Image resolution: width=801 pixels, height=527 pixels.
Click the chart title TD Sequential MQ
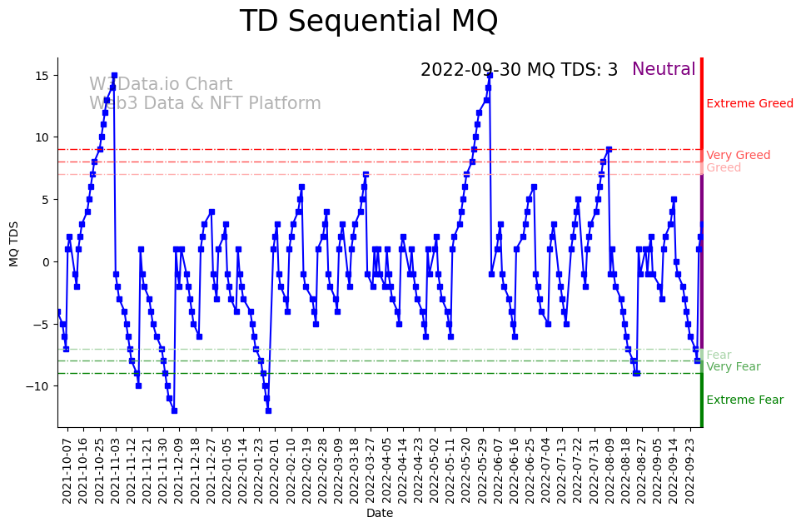pyautogui.click(x=368, y=22)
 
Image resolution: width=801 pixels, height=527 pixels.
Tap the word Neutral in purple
pyautogui.click(x=664, y=70)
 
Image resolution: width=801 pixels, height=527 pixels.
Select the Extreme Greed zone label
pyautogui.click(x=749, y=104)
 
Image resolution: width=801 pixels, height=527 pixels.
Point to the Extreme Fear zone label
pyautogui.click(x=744, y=400)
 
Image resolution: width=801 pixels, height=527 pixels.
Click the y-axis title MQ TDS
pyautogui.click(x=14, y=242)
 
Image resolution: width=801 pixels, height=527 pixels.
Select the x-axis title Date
pyautogui.click(x=379, y=514)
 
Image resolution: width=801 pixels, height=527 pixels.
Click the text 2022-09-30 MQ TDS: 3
pyautogui.click(x=519, y=70)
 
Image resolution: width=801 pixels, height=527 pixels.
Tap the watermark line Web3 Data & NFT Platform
pyautogui.click(x=205, y=103)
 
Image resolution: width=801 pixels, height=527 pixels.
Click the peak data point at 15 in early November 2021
pyautogui.click(x=114, y=76)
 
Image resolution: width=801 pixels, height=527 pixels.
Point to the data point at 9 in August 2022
pyautogui.click(x=609, y=150)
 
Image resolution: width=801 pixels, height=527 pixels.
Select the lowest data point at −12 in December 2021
pyautogui.click(x=174, y=410)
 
